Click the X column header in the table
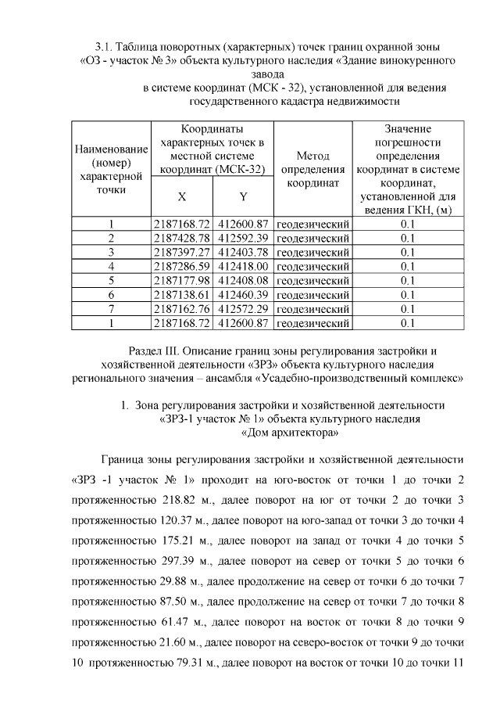click(x=181, y=197)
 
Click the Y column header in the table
click(x=243, y=197)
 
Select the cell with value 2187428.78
click(x=182, y=238)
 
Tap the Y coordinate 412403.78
click(x=244, y=252)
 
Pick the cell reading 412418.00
click(x=244, y=266)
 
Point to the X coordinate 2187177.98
click(x=182, y=280)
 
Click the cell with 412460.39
click(x=244, y=294)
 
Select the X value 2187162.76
click(x=182, y=308)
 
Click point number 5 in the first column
click(x=112, y=280)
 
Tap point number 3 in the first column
click(x=112, y=252)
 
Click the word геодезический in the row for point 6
click(x=312, y=294)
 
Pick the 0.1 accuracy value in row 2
click(x=407, y=238)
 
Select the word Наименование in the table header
click(x=111, y=149)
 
